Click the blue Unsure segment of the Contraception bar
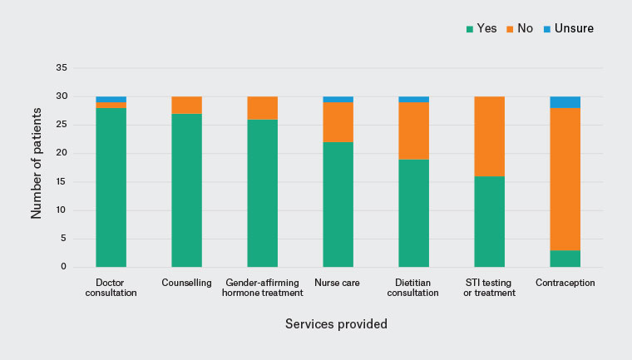point(565,102)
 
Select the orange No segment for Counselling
point(186,106)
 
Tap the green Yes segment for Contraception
point(565,259)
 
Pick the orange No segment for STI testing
point(489,136)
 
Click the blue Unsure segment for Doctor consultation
point(111,100)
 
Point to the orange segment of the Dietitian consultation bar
point(414,131)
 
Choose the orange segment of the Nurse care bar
point(338,122)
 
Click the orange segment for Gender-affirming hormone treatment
point(263,108)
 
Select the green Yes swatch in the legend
point(470,29)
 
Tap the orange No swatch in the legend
point(510,29)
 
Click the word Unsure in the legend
point(574,28)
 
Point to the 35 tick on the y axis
point(62,67)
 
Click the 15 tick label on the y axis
point(62,181)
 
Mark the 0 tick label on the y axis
point(64,267)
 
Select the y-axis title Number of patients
point(37,163)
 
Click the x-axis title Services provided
point(336,323)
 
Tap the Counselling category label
point(186,283)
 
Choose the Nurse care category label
point(337,283)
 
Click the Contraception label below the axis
point(565,283)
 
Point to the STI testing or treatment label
point(489,288)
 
